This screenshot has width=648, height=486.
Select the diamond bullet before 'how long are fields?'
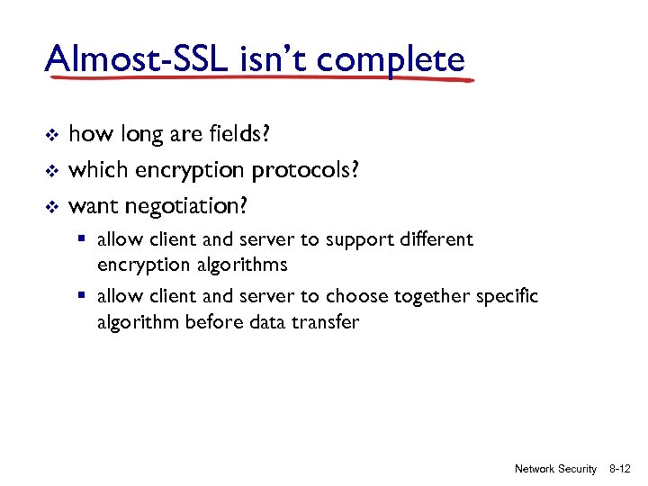click(x=51, y=136)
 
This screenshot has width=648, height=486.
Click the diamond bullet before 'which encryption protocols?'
click(x=51, y=171)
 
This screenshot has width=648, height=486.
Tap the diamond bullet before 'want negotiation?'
click(x=51, y=207)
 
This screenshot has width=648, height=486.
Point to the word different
click(x=438, y=240)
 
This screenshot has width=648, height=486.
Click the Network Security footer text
click(x=555, y=469)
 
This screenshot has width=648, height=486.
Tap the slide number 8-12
click(x=619, y=469)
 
